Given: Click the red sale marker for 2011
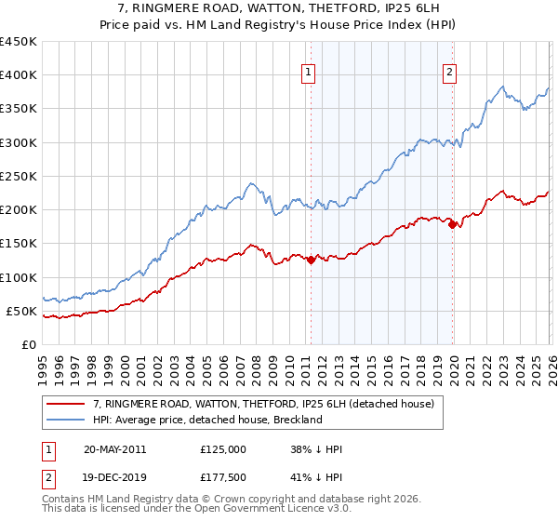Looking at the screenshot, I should tap(311, 260).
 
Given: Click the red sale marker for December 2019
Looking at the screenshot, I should tap(452, 224).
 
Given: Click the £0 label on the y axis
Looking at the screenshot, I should tap(29, 344).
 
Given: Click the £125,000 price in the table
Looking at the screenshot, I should tap(223, 448).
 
